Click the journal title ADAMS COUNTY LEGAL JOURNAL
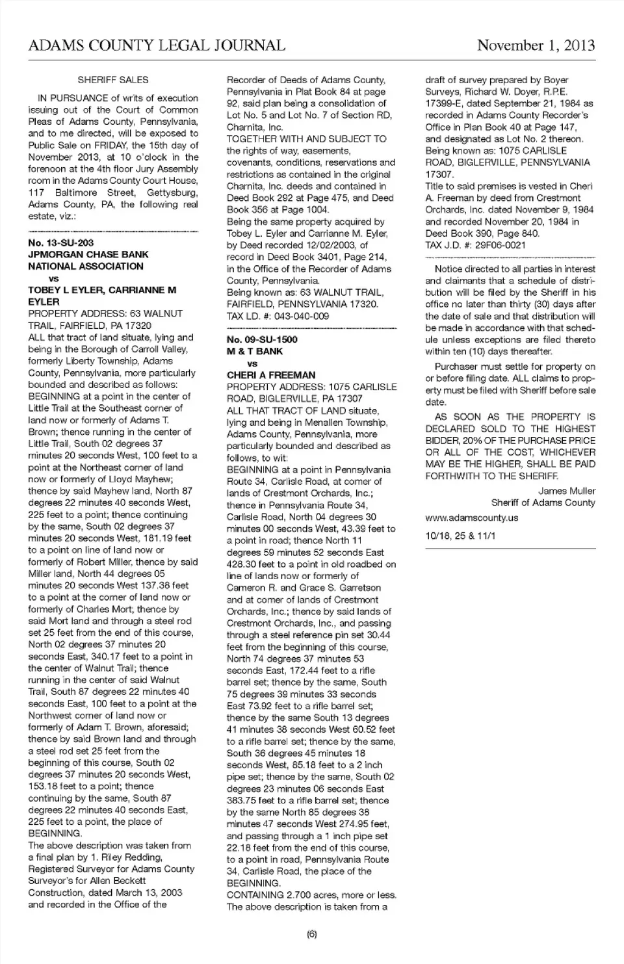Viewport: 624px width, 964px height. point(157,46)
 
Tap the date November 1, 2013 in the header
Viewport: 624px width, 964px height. point(536,45)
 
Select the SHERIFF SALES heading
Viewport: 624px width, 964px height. point(113,80)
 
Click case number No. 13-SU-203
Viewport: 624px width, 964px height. point(61,242)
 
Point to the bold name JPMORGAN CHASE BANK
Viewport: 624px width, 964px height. point(88,254)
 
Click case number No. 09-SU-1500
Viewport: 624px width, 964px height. point(262,339)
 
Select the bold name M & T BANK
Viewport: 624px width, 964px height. point(255,351)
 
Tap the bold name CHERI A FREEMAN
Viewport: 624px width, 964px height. point(271,375)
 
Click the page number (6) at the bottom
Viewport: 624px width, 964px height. point(311,934)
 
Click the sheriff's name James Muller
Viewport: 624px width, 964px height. point(566,491)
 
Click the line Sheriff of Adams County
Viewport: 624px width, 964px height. point(543,502)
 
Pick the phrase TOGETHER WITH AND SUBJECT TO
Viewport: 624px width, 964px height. point(306,138)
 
